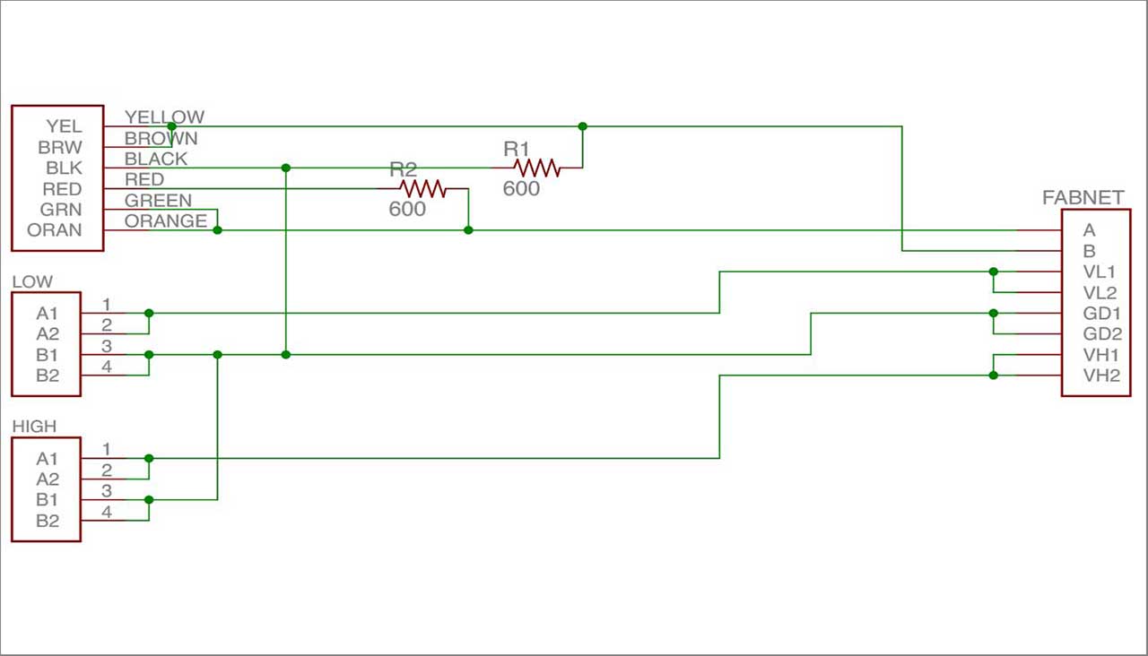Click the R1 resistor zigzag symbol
pyautogui.click(x=536, y=168)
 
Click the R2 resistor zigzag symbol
pyautogui.click(x=422, y=189)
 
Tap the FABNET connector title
pyautogui.click(x=1083, y=198)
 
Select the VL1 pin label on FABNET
pyautogui.click(x=1099, y=272)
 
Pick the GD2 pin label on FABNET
pyautogui.click(x=1102, y=334)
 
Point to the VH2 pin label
pyautogui.click(x=1101, y=375)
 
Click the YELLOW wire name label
pyautogui.click(x=164, y=117)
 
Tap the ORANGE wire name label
pyautogui.click(x=166, y=220)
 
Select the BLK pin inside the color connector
pyautogui.click(x=64, y=168)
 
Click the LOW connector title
pyautogui.click(x=32, y=281)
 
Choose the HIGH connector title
pyautogui.click(x=34, y=427)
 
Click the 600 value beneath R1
pyautogui.click(x=521, y=189)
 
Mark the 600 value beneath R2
pyautogui.click(x=407, y=210)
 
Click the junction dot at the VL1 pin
pyautogui.click(x=993, y=272)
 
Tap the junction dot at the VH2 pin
pyautogui.click(x=993, y=375)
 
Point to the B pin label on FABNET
pyautogui.click(x=1089, y=251)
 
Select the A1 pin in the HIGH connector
pyautogui.click(x=48, y=459)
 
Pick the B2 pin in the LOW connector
pyautogui.click(x=48, y=375)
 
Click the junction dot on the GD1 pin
pyautogui.click(x=993, y=313)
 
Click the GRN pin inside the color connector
pyautogui.click(x=61, y=210)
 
